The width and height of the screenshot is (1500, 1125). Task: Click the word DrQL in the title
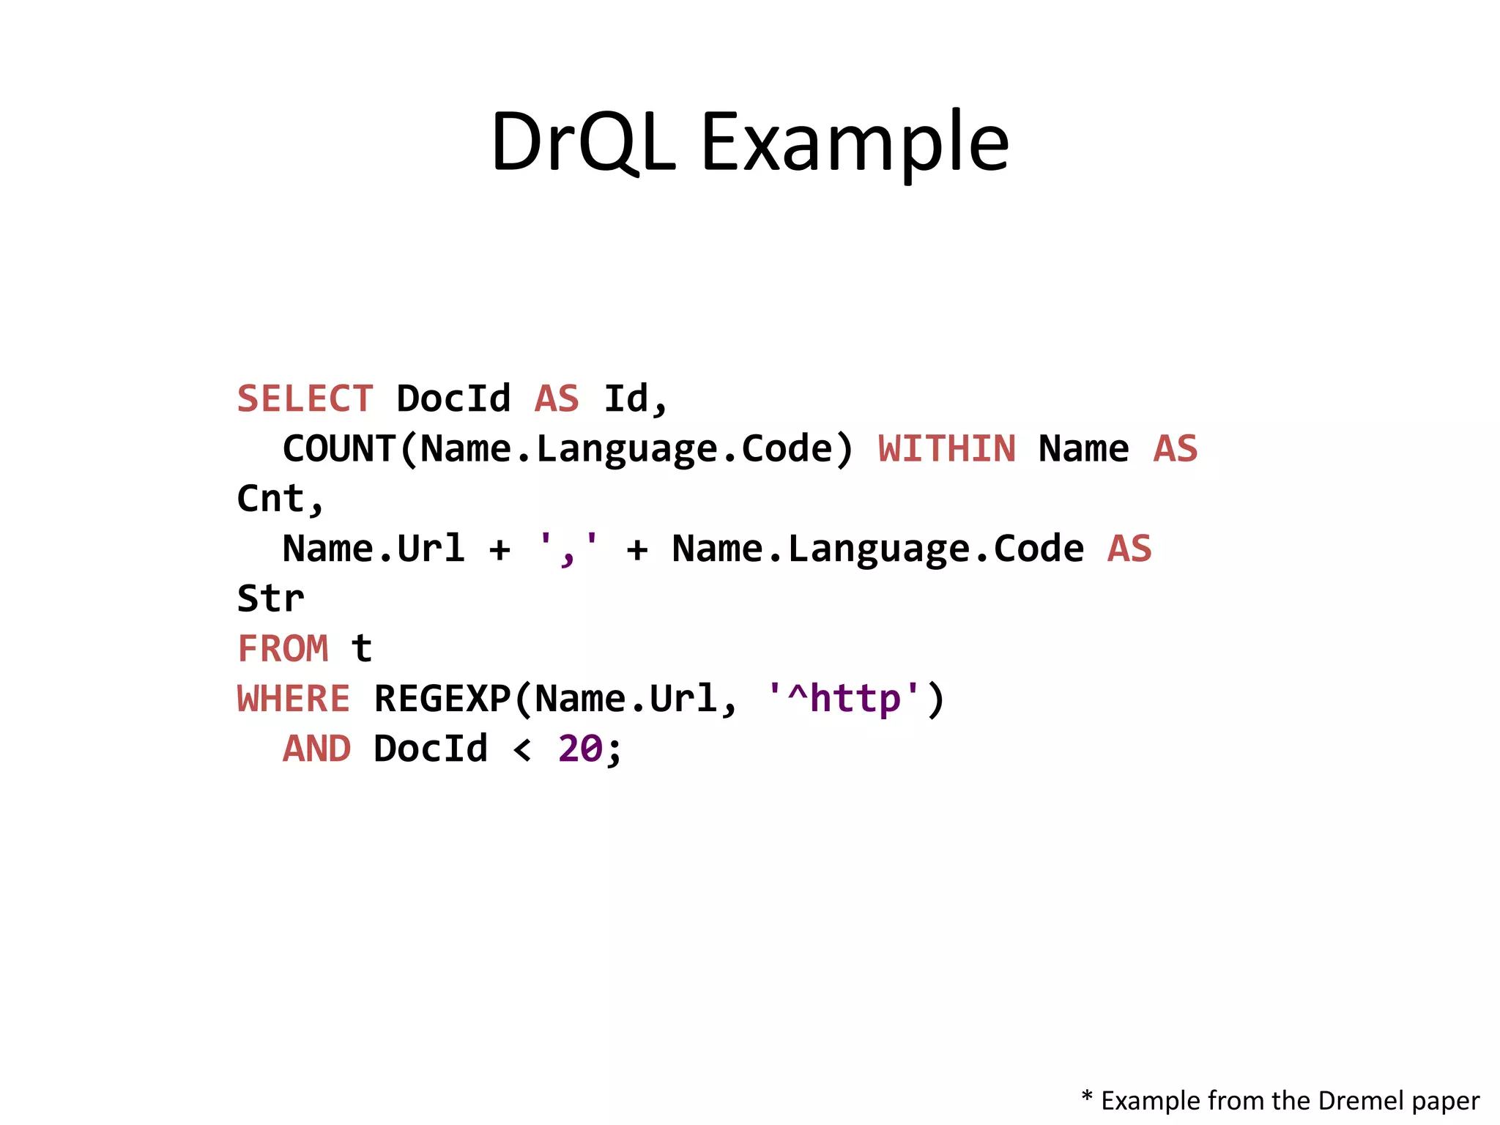coord(582,141)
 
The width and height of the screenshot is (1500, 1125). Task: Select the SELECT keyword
coord(305,399)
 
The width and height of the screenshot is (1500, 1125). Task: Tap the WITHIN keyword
coord(946,449)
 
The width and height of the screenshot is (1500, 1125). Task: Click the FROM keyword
coord(283,649)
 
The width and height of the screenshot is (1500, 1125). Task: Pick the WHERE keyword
coord(294,699)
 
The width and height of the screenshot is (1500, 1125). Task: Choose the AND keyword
coord(316,749)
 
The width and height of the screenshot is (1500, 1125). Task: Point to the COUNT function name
coord(339,449)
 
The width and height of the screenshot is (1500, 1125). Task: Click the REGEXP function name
coord(442,699)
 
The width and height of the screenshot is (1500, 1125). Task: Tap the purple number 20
coord(580,749)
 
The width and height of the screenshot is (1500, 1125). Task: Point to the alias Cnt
coord(271,499)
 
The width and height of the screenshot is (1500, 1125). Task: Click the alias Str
coord(270,599)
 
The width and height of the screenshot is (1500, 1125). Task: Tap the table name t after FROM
coord(362,649)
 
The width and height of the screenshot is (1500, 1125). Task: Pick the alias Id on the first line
coord(627,399)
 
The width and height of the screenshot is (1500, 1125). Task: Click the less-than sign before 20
coord(522,750)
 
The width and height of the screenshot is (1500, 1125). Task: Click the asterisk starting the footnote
coord(1087,1096)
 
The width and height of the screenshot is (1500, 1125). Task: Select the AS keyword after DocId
coord(557,399)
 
